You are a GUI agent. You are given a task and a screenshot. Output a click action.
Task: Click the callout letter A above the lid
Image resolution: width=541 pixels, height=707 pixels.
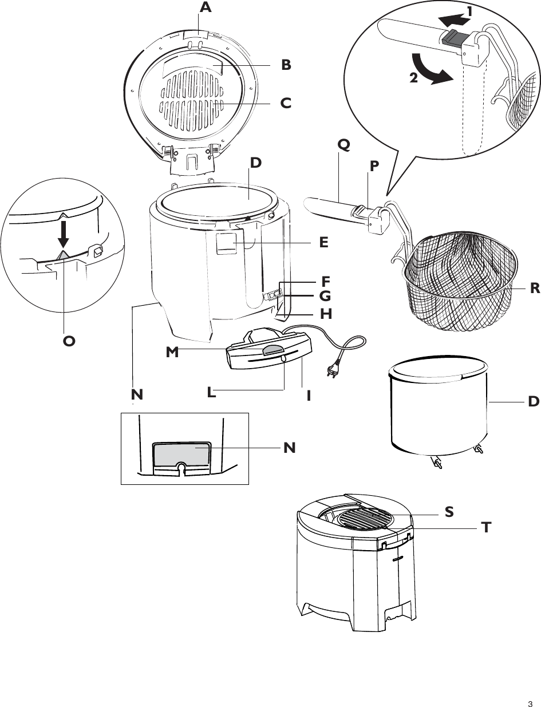tap(206, 8)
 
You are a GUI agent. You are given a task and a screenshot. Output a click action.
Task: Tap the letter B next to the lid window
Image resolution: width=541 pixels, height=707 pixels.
tap(286, 65)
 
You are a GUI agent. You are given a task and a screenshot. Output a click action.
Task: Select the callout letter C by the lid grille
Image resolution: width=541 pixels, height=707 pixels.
tap(286, 104)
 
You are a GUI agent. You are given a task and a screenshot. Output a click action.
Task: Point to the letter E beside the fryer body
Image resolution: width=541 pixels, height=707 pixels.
tap(323, 242)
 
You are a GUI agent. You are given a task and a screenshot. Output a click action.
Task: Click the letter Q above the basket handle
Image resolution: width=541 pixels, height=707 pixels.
tap(343, 145)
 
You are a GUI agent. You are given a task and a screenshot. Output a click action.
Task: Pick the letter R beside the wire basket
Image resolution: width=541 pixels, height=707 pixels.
tap(535, 289)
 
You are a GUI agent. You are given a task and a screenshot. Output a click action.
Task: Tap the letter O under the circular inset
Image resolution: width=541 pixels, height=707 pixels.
tap(69, 341)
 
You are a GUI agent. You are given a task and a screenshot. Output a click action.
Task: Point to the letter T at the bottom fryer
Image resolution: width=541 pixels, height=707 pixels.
tap(486, 527)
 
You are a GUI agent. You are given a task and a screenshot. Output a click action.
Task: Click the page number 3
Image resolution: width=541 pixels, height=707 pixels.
tap(530, 688)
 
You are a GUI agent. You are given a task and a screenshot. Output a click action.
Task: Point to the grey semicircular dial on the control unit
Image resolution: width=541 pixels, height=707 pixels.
tap(273, 351)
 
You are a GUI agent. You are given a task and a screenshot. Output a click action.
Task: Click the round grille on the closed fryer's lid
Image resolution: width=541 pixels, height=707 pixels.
tap(366, 520)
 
